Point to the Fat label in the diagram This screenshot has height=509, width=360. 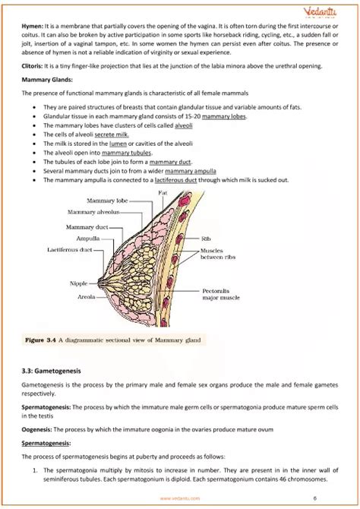163,193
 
